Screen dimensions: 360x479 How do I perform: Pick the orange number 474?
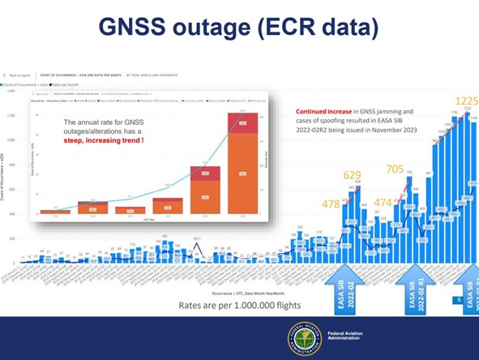[384, 202]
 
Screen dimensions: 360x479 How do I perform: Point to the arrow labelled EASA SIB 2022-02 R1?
[414, 293]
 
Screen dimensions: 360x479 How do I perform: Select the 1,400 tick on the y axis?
[11, 91]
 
